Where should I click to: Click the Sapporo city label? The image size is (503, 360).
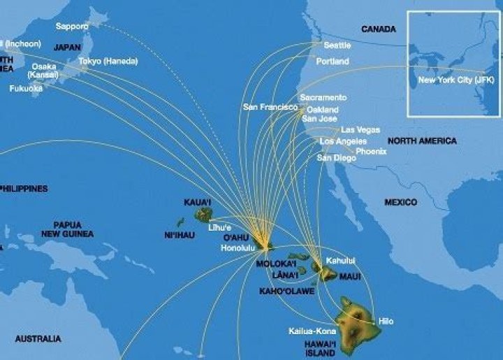[x=72, y=27]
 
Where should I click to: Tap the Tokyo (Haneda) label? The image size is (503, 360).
[x=104, y=62]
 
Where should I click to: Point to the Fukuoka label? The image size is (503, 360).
[x=27, y=89]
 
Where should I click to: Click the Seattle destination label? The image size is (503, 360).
[x=337, y=45]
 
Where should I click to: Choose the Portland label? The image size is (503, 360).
[x=332, y=62]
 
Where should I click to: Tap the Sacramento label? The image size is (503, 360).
[x=323, y=97]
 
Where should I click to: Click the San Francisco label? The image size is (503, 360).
[x=270, y=108]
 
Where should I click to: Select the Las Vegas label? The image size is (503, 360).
[x=360, y=130]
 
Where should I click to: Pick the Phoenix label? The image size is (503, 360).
[x=371, y=151]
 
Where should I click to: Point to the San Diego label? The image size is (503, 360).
[x=336, y=158]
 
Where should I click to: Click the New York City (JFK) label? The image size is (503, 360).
[x=455, y=80]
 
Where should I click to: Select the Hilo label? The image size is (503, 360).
[x=386, y=321]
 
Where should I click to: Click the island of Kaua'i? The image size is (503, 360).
[x=203, y=214]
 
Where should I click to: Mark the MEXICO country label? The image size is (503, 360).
[x=400, y=202]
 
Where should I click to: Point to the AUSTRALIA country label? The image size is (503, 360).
[x=38, y=339]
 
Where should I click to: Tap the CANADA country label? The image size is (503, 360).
[x=378, y=29]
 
